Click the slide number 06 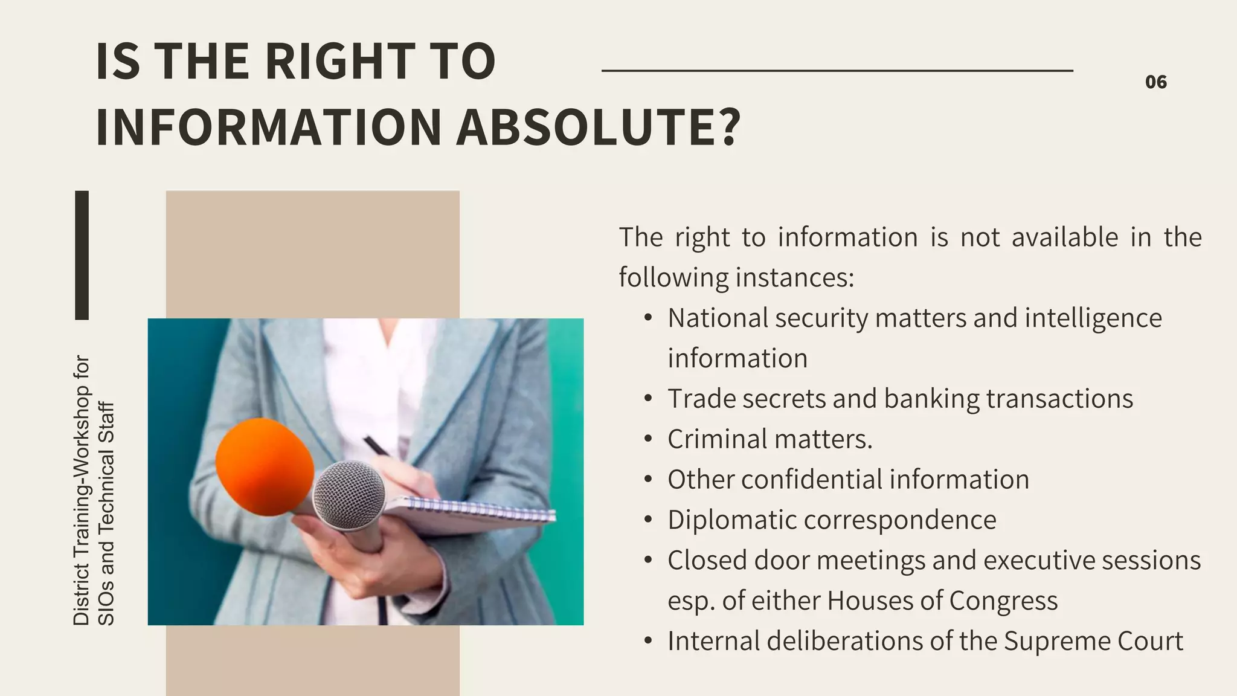[x=1155, y=82]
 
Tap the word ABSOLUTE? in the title [x=598, y=127]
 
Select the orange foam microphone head [x=264, y=466]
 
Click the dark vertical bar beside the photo [x=82, y=255]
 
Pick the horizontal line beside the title [x=837, y=71]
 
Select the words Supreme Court [x=1093, y=641]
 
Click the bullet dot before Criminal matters [x=648, y=439]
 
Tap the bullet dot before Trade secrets [x=648, y=399]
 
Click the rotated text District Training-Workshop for [x=81, y=490]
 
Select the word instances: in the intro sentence [x=795, y=278]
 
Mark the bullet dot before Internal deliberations [x=648, y=641]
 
